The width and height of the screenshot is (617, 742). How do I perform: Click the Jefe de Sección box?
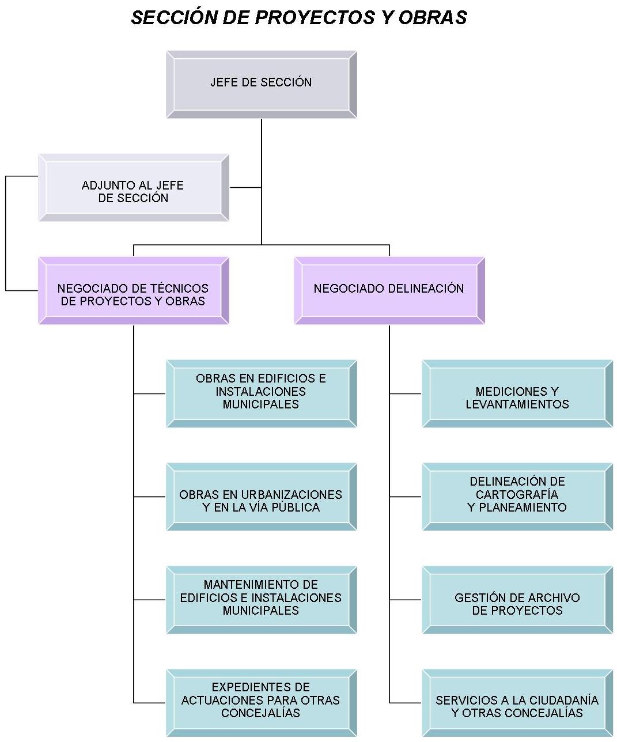[261, 84]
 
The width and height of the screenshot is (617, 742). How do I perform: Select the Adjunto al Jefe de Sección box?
[133, 188]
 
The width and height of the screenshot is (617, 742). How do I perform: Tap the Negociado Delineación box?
[389, 290]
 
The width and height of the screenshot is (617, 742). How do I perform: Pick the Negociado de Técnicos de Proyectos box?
[133, 290]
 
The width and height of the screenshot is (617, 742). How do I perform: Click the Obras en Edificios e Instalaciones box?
[261, 393]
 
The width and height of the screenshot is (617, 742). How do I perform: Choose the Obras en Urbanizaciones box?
[261, 497]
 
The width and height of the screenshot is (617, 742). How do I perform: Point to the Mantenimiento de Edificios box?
[261, 600]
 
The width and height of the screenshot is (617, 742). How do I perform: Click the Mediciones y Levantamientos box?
[517, 393]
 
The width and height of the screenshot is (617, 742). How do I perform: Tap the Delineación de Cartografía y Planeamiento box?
[517, 497]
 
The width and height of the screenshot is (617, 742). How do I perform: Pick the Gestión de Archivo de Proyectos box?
[517, 600]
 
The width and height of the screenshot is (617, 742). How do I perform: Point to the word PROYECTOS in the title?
[315, 17]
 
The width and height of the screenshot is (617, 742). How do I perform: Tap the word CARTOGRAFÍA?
[517, 494]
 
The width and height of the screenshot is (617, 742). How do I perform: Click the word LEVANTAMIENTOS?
[517, 404]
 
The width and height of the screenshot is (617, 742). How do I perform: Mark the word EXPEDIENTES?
[260, 687]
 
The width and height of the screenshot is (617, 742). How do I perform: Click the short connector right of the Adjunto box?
[245, 187]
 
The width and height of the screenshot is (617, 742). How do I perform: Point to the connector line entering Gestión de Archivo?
[406, 600]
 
